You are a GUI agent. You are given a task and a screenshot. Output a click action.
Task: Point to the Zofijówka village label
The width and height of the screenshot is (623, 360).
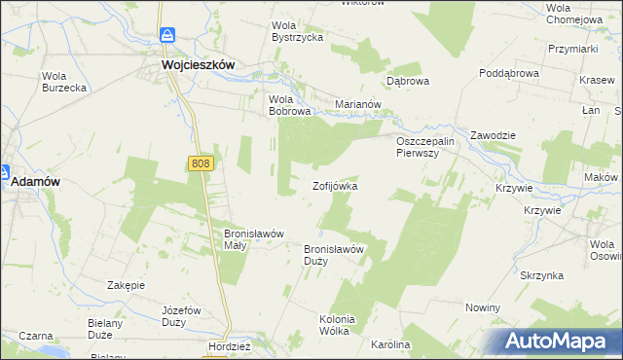pos(335,186)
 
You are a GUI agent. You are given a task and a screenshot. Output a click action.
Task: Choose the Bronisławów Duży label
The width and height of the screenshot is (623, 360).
pos(334,255)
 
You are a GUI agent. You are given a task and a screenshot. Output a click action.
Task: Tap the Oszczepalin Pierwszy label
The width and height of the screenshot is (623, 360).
pos(425,148)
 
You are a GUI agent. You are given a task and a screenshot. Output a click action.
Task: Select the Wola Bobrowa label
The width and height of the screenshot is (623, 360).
pos(289,105)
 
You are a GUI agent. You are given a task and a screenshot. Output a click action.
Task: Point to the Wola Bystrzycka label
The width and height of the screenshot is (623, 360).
pos(298,31)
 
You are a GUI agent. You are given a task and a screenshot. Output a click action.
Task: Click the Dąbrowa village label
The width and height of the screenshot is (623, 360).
pos(408,82)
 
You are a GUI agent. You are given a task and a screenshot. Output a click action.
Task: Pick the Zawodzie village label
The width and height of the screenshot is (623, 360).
pos(493,135)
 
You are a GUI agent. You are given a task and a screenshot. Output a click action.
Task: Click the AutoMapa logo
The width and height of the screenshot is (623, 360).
pos(558,342)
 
